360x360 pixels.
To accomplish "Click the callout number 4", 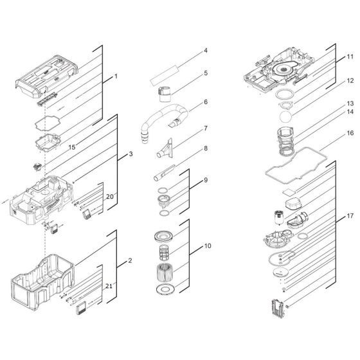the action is (x=206, y=51).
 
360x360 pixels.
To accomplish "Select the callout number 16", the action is (x=350, y=133).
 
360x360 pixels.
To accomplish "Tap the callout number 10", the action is (x=208, y=246).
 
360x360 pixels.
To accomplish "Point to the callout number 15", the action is (x=72, y=147).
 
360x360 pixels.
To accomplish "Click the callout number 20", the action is (x=110, y=197).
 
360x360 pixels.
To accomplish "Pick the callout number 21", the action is (x=109, y=286).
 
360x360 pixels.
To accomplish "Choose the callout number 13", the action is (x=350, y=104).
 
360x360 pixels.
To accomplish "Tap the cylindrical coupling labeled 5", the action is (x=165, y=94).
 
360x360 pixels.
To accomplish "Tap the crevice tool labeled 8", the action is (x=163, y=173).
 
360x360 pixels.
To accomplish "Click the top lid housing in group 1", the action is (x=47, y=76).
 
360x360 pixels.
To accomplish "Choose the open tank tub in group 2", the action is (x=42, y=282).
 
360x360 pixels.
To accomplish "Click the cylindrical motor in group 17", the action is (x=279, y=218).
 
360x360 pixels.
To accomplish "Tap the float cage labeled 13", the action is (x=285, y=141).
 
